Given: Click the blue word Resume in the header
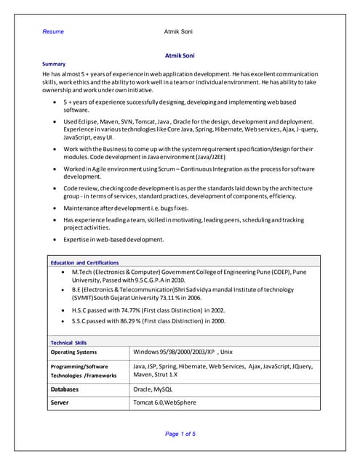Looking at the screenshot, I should coord(53,32).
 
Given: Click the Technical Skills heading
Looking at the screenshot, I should coord(68,342).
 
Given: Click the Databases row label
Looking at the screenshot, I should coord(64,389).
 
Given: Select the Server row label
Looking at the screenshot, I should coord(59,402).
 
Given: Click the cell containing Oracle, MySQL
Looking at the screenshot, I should coord(153,389).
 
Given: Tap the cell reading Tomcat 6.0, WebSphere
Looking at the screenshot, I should coord(164,402).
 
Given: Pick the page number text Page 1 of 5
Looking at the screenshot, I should coord(180,434).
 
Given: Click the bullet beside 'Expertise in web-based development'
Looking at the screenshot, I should coord(55,239).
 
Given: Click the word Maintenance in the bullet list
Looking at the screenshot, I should coord(82,208).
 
